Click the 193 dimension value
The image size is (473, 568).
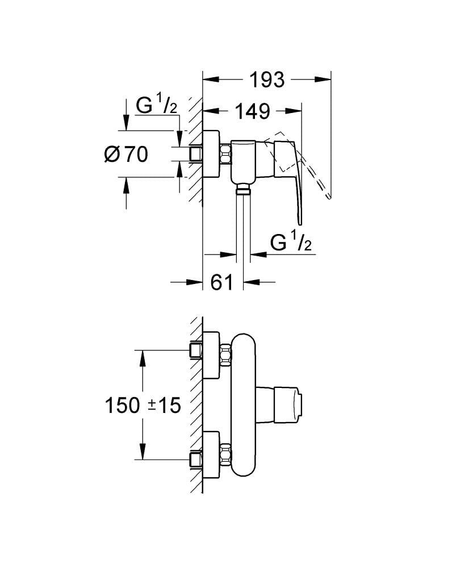click(x=267, y=80)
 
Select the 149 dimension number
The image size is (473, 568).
click(x=253, y=111)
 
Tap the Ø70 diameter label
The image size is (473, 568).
click(x=127, y=153)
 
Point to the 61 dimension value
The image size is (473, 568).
click(x=222, y=281)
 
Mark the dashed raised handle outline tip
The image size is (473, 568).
click(x=328, y=196)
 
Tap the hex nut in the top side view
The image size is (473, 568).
click(x=225, y=154)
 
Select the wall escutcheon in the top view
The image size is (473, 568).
click(x=211, y=154)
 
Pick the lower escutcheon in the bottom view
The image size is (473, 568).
click(x=211, y=456)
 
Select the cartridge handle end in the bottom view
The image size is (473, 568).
click(x=299, y=405)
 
